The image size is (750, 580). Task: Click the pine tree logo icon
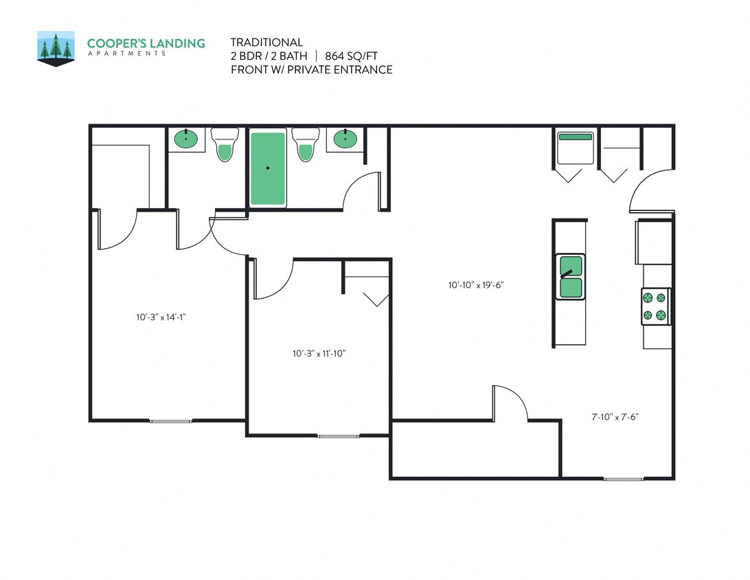click(x=56, y=48)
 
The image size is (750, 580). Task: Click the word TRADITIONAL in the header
click(x=266, y=43)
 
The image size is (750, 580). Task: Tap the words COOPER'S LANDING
click(x=146, y=43)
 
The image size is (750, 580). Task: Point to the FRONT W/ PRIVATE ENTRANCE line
click(x=311, y=69)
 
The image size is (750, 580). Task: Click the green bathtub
click(x=268, y=168)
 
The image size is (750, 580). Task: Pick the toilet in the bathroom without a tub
click(x=224, y=144)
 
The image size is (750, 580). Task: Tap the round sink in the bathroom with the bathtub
click(x=345, y=140)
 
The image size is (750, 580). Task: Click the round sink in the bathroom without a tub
click(x=186, y=140)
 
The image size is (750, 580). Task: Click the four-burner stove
click(x=655, y=306)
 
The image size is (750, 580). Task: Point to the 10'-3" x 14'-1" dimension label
click(x=161, y=317)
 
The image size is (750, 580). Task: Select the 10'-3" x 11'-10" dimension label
click(x=319, y=354)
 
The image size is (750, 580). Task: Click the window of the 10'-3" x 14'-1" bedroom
click(x=171, y=421)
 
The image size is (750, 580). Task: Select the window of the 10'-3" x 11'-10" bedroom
click(x=337, y=436)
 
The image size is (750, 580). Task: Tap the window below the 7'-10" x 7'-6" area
click(x=624, y=478)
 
